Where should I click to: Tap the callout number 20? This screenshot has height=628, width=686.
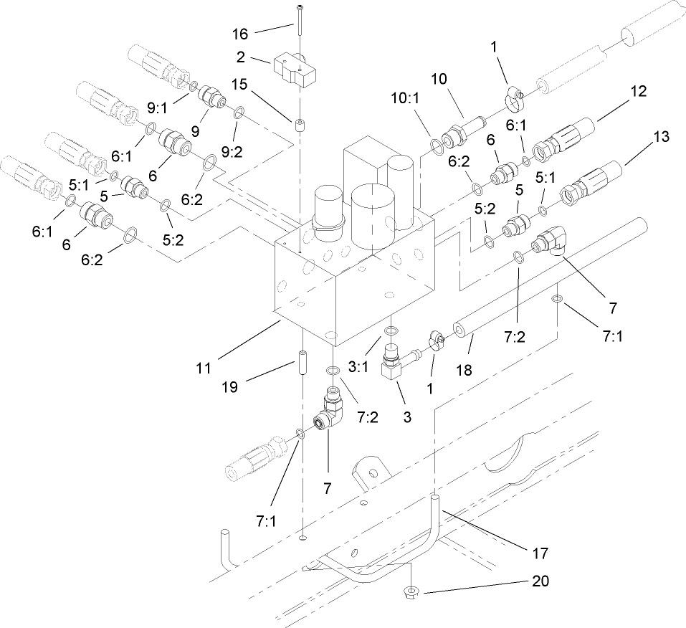point(540,582)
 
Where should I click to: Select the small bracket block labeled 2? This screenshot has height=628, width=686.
point(295,71)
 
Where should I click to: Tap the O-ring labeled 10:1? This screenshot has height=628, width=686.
point(437,147)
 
